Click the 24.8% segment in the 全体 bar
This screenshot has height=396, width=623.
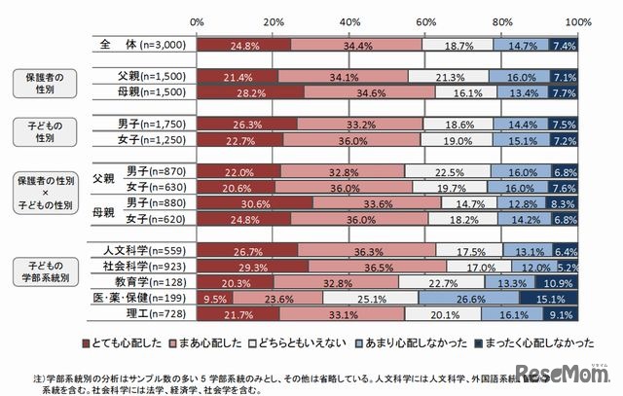coord(243,45)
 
